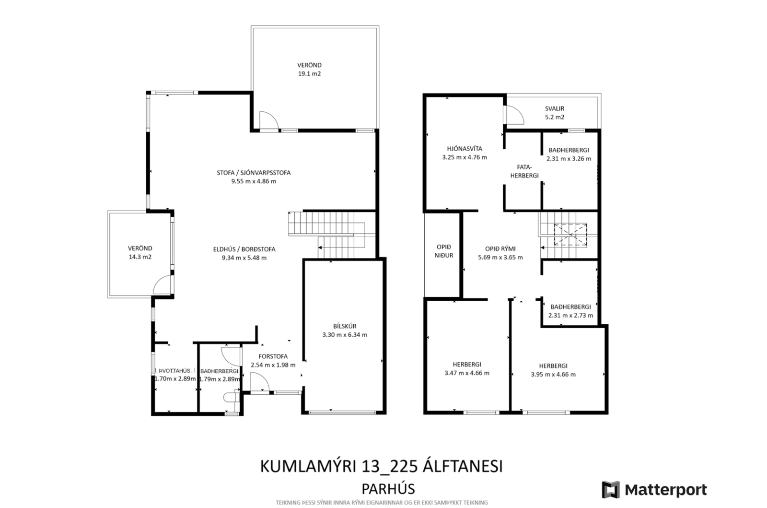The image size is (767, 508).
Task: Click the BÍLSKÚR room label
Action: pos(345,326)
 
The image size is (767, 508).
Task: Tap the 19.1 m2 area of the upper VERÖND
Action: pos(309,74)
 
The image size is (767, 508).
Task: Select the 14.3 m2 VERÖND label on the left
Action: pos(140,257)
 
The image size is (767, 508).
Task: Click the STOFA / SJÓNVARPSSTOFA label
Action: pos(254,173)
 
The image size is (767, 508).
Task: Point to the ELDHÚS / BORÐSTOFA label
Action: pos(244,249)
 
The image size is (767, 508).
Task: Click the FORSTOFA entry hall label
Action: pos(273,356)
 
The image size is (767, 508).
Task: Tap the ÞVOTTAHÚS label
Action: pos(174,371)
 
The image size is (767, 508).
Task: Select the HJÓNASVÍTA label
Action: pos(465,149)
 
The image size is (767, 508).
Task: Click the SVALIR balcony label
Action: pos(555,108)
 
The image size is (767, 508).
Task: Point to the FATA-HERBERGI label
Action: pos(524,171)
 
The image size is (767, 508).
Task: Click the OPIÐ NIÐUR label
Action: pos(444,251)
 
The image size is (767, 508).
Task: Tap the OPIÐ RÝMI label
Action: pos(500,249)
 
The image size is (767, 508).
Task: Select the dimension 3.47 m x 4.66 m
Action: pos(467,373)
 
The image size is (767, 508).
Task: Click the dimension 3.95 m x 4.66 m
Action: pos(553,375)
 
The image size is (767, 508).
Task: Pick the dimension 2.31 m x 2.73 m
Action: pos(570,316)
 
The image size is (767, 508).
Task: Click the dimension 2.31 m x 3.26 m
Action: pos(569,159)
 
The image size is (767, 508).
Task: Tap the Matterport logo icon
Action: pos(611,489)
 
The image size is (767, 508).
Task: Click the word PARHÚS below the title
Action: pos(388,489)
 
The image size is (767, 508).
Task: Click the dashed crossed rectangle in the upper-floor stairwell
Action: pos(570,235)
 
